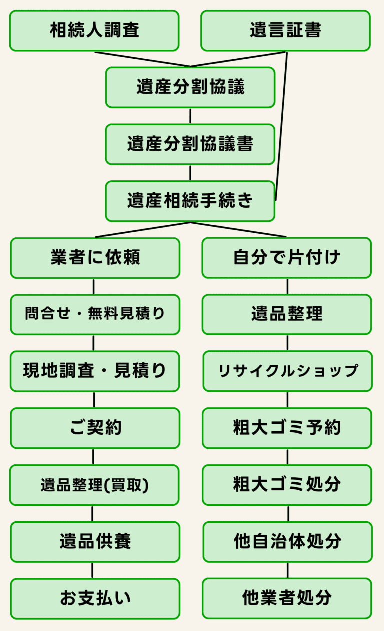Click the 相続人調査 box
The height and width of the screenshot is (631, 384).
pyautogui.click(x=94, y=31)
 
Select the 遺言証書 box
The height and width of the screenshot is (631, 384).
pyautogui.click(x=285, y=31)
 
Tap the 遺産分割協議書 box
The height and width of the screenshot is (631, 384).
pyautogui.click(x=190, y=144)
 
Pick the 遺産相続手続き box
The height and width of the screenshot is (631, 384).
pyautogui.click(x=190, y=201)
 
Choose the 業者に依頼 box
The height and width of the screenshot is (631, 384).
pyautogui.click(x=95, y=258)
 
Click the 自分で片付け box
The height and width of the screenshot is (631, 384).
pyautogui.click(x=287, y=258)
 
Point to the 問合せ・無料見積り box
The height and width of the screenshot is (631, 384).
pyautogui.click(x=95, y=314)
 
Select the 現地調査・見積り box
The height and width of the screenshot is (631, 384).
pyautogui.click(x=95, y=371)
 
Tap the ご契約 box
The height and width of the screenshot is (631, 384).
pyautogui.click(x=95, y=428)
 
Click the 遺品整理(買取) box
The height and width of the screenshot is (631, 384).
pyautogui.click(x=94, y=485)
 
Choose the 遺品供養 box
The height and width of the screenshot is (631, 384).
pyautogui.click(x=95, y=542)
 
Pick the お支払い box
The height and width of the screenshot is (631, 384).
pyautogui.click(x=95, y=598)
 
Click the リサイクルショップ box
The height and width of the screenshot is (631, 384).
pyautogui.click(x=287, y=371)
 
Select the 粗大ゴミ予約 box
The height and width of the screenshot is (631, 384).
pyautogui.click(x=287, y=428)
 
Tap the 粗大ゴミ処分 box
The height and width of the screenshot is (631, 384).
pyautogui.click(x=287, y=485)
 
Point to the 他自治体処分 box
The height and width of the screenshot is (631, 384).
pyautogui.click(x=287, y=542)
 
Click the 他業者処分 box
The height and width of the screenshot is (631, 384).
pyautogui.click(x=287, y=598)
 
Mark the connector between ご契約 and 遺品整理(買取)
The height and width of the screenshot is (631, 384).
pyautogui.click(x=93, y=456)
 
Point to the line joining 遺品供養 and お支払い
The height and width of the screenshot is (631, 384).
pyautogui.click(x=93, y=570)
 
